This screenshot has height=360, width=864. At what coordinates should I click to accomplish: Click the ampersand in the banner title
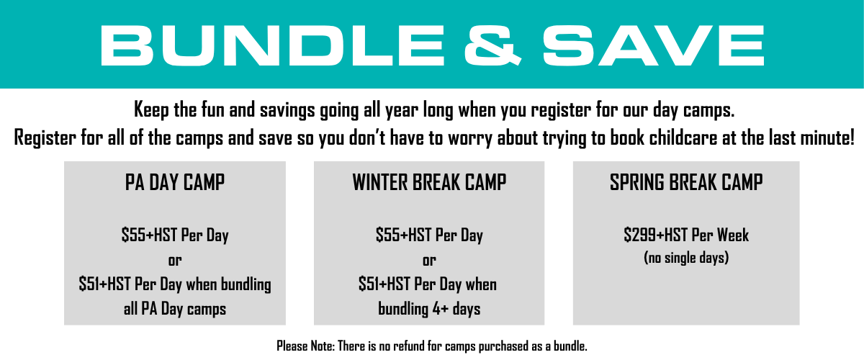492,45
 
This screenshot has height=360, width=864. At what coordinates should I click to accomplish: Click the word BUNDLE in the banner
273,45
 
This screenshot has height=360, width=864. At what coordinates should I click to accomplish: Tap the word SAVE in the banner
654,45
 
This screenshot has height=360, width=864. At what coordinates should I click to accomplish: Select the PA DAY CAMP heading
175,182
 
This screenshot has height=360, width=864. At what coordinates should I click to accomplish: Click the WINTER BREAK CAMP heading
429,182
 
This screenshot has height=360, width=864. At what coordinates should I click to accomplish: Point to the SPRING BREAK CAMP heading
686,182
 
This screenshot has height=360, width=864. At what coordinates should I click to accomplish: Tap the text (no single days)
686,258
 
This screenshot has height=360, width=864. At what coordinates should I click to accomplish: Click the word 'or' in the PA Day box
175,261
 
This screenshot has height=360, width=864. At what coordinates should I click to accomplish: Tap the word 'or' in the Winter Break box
429,261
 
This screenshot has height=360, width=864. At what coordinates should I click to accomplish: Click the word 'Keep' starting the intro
151,110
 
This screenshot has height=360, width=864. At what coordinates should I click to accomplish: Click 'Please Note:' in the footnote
305,346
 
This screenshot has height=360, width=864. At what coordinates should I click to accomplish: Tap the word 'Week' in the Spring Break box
732,235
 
